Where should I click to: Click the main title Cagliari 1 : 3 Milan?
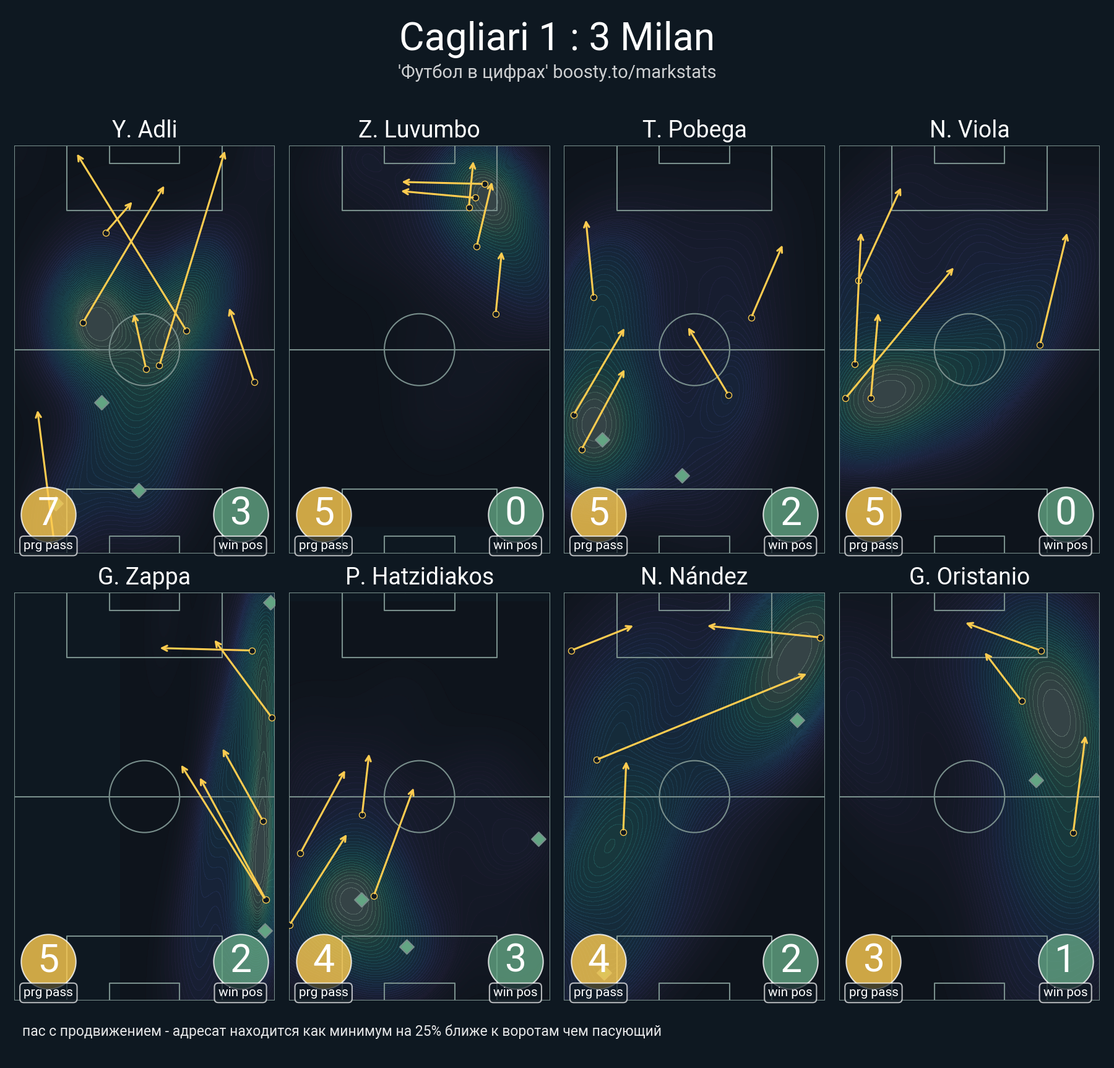(x=557, y=37)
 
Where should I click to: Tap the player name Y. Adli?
(x=144, y=129)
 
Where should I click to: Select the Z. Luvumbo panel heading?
(x=419, y=129)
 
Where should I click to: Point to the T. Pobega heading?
(x=694, y=129)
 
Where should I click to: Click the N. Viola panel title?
(x=969, y=129)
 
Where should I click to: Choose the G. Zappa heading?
(x=144, y=576)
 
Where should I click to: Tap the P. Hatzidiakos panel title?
(x=419, y=576)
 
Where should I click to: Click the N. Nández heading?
(x=694, y=576)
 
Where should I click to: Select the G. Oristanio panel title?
(x=969, y=576)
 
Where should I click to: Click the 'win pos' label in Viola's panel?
(x=1065, y=545)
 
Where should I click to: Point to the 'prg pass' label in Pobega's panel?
(x=598, y=545)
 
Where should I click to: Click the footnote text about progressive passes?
(x=342, y=1031)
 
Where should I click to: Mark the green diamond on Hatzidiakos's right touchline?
(x=538, y=839)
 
